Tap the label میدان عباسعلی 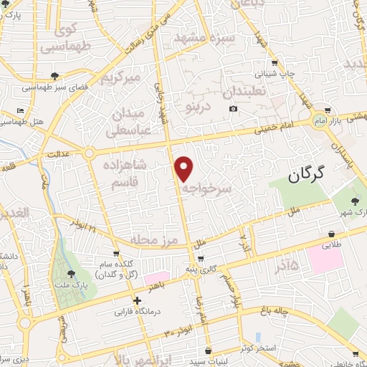click(126, 123)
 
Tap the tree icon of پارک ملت click(71, 273)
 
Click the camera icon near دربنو click(233, 109)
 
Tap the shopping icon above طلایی click(332, 234)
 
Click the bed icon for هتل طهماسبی click(20, 112)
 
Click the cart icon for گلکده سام click(115, 253)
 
